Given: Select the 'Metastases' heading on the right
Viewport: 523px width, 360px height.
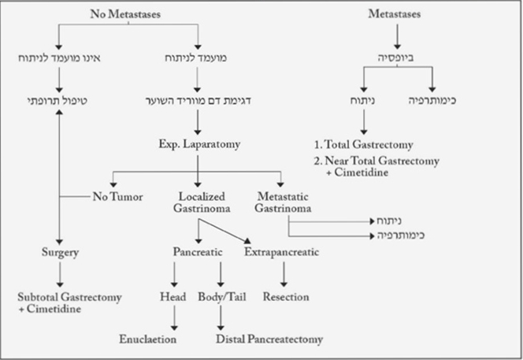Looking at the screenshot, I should [x=395, y=13].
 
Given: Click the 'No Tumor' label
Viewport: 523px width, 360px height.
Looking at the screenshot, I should [x=117, y=196].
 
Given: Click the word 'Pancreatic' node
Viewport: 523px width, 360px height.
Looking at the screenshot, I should [x=198, y=252].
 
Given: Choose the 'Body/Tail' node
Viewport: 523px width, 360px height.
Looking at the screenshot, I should [x=223, y=297].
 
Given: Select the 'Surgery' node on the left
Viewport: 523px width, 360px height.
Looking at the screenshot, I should [x=59, y=252].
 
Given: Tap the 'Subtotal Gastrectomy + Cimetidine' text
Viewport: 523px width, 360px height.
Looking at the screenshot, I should [x=59, y=302].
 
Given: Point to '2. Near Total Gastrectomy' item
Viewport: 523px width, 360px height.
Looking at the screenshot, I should [x=376, y=161].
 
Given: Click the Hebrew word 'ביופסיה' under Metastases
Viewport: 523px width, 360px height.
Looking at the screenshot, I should [x=396, y=57].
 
